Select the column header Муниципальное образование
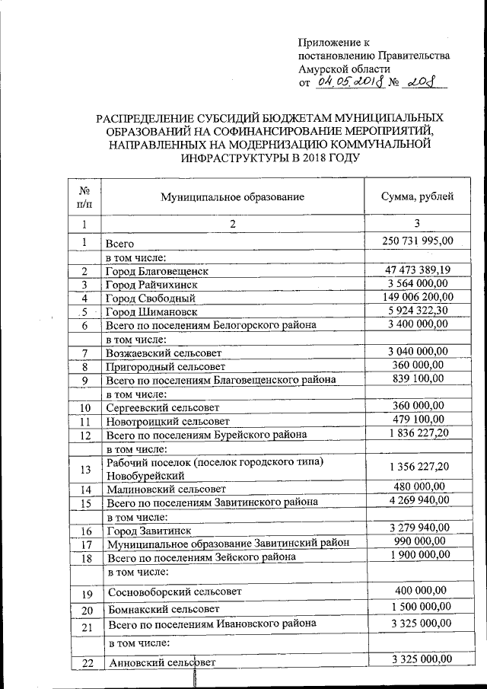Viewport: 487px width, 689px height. (x=232, y=196)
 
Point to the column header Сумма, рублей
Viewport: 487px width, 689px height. (x=417, y=196)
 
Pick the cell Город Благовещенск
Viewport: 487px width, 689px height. (x=157, y=270)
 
